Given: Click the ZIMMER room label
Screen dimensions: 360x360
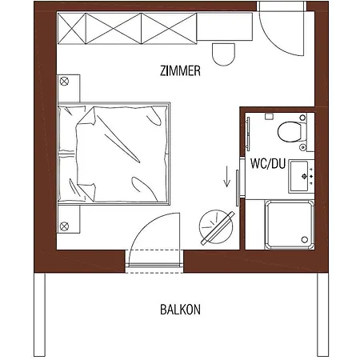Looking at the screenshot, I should tap(180, 71).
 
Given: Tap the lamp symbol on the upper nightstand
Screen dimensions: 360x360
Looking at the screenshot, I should tap(65, 81).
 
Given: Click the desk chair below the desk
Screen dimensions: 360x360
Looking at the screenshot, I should tap(223, 53).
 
